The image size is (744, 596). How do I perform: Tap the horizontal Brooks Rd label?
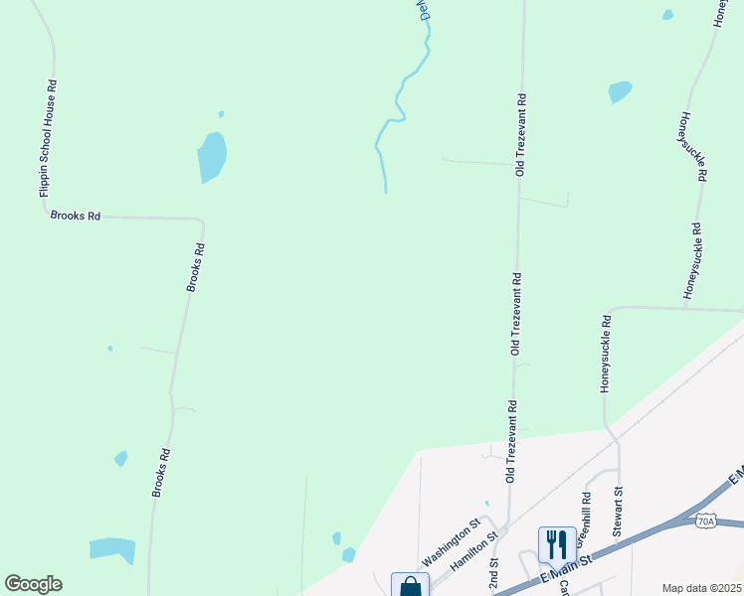[x=76, y=216]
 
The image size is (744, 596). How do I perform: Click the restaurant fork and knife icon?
[x=557, y=543]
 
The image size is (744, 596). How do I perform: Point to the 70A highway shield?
[x=705, y=520]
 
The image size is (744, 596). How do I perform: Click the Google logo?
[x=33, y=584]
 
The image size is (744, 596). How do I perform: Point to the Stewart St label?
[x=618, y=512]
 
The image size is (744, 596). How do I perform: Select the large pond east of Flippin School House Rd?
[x=212, y=157]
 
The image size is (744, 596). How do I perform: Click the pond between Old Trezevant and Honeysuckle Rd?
[x=620, y=92]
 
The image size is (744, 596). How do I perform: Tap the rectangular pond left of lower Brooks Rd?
[x=112, y=549]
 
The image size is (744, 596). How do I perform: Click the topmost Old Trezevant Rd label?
[x=520, y=135]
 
